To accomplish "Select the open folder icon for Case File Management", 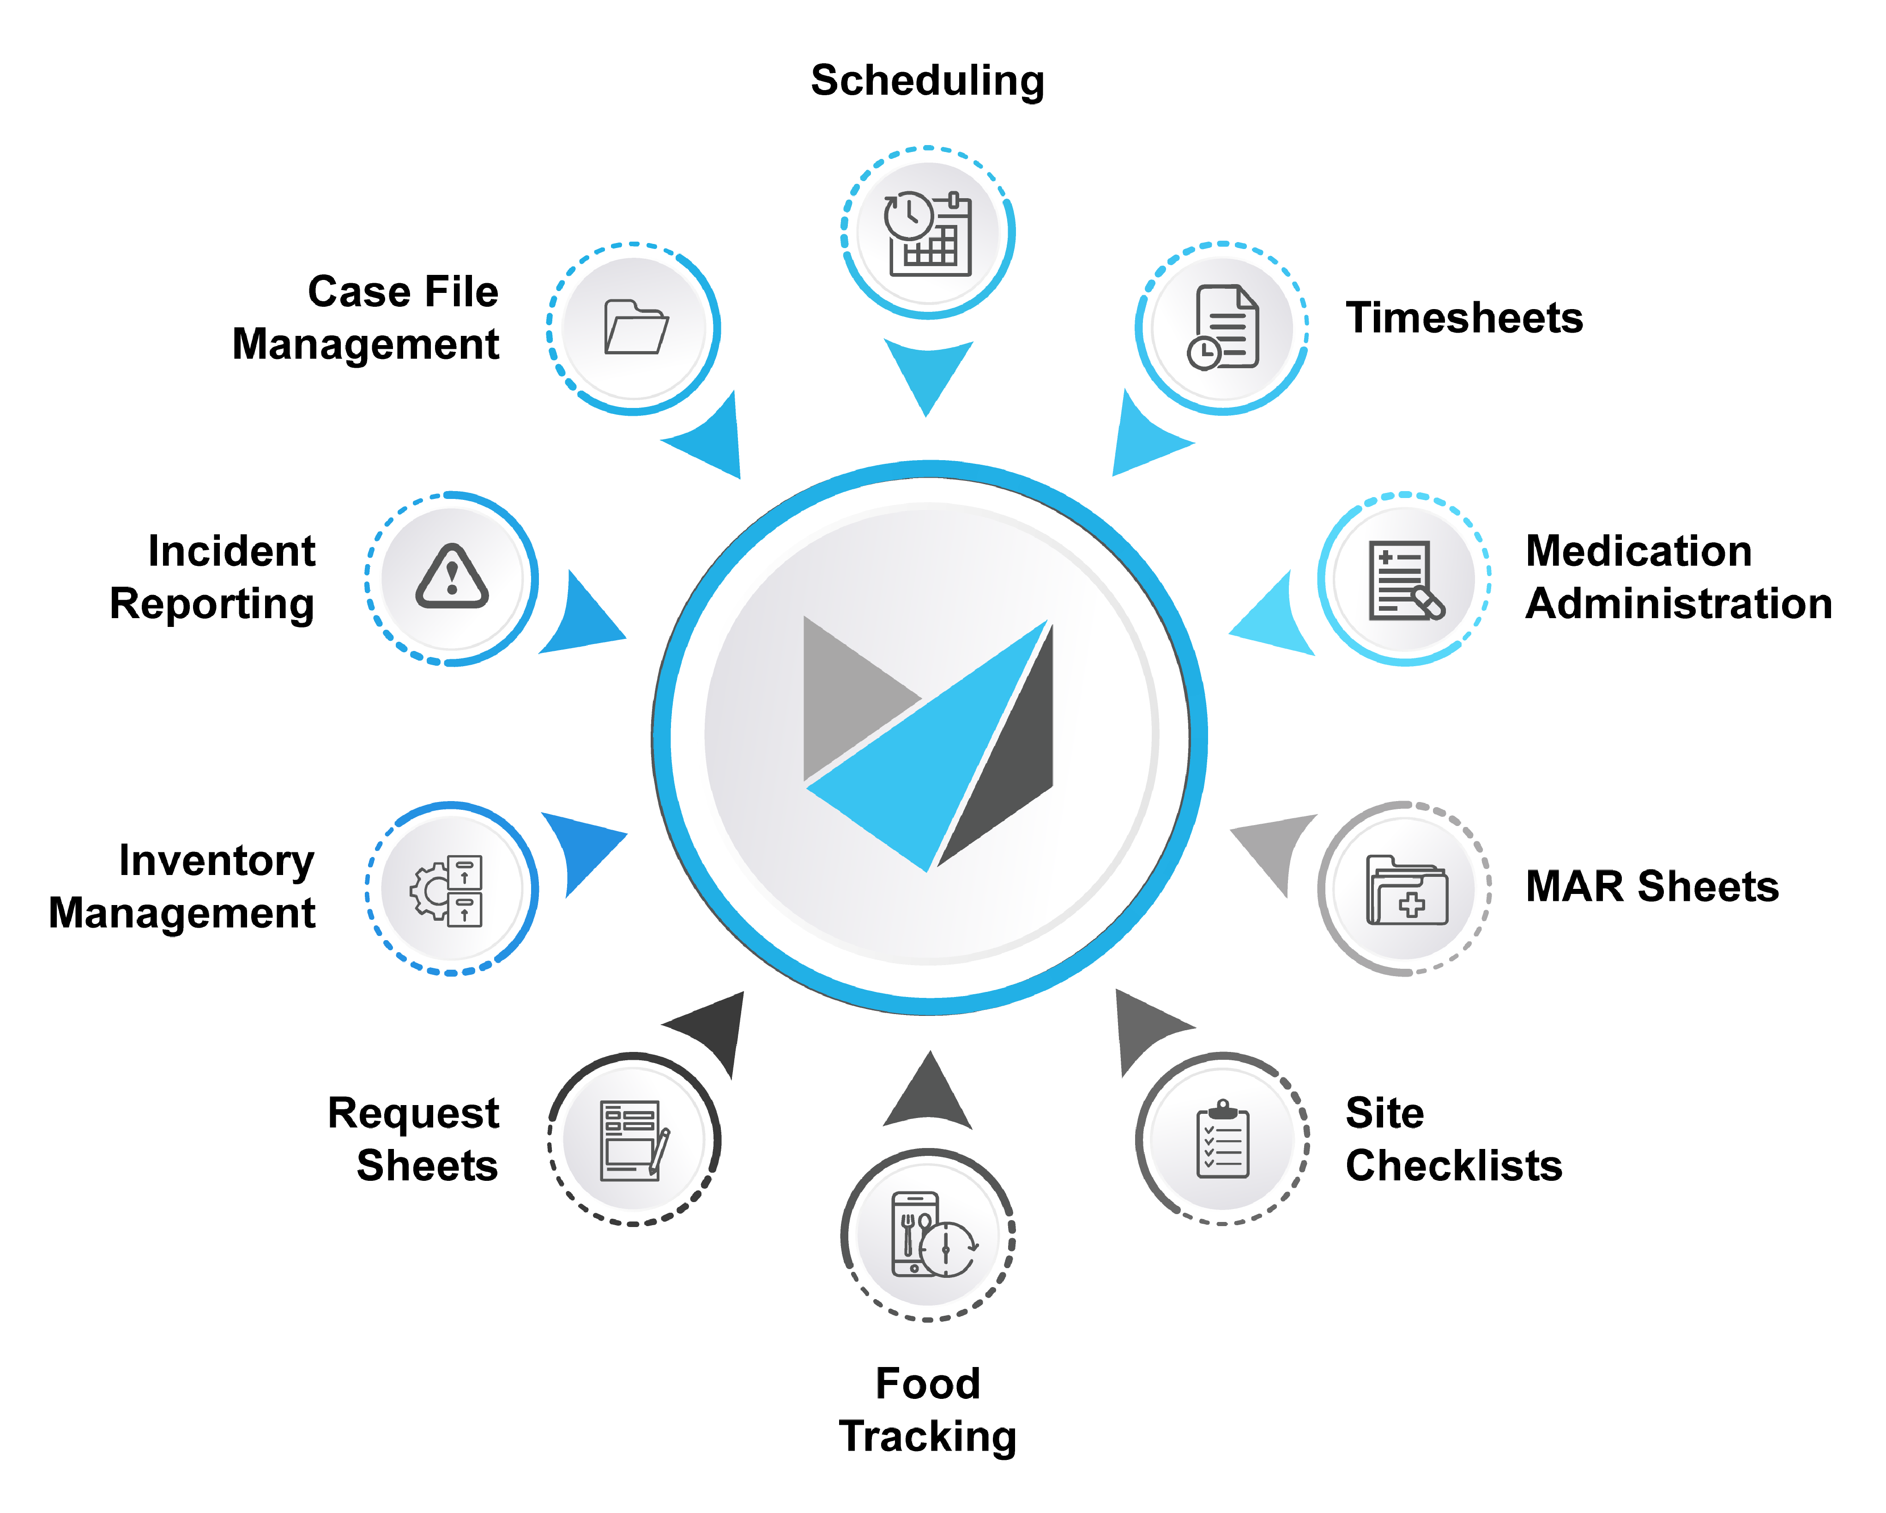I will coord(635,327).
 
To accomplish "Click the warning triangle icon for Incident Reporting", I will coord(451,577).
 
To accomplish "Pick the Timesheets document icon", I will coord(1223,327).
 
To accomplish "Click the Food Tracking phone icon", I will coord(929,1234).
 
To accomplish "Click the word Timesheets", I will coord(1463,318).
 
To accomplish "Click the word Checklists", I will coord(1453,1166).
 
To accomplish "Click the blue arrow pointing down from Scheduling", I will coord(927,372).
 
